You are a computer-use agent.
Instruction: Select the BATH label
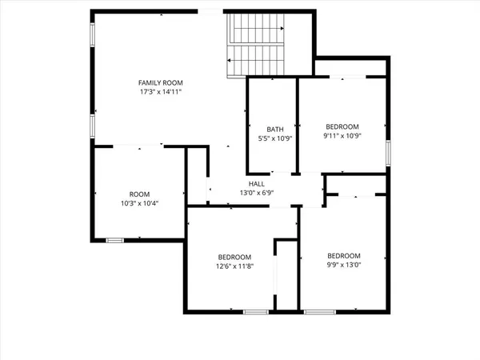[x=275, y=130]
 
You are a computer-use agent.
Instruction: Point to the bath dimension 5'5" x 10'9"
[x=275, y=139]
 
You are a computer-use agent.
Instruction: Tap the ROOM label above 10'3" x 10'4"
[x=139, y=194]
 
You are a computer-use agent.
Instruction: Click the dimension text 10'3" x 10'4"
[x=139, y=204]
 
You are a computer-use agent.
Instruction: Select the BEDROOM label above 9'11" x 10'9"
[x=342, y=126]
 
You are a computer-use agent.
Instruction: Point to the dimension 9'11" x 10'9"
[x=342, y=136]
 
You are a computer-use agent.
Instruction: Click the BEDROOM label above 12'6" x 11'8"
[x=234, y=257]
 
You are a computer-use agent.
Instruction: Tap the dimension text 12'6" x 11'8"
[x=234, y=266]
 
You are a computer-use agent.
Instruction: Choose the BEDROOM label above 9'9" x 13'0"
[x=343, y=256]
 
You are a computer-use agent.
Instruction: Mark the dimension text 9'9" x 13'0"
[x=343, y=266]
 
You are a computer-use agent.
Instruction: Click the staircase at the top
[x=256, y=46]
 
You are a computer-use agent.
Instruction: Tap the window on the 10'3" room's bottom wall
[x=115, y=238]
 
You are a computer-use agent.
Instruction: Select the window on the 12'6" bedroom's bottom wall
[x=256, y=310]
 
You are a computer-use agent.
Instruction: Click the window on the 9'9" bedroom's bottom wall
[x=318, y=310]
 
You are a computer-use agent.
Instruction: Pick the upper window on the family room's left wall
[x=93, y=34]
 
